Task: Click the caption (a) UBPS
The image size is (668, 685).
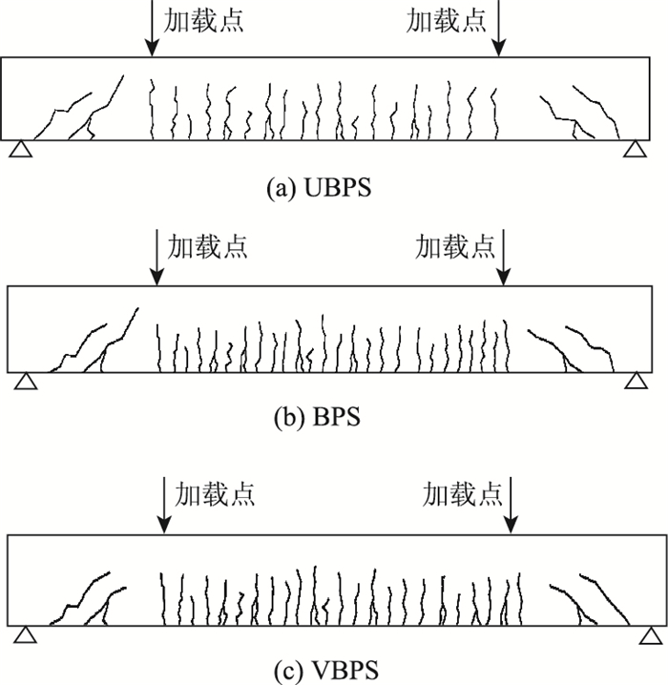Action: coord(318,188)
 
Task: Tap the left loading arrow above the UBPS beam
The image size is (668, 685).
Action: coord(149,27)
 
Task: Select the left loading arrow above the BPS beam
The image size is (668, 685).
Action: coord(157,258)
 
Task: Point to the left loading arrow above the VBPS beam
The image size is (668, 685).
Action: coord(164,506)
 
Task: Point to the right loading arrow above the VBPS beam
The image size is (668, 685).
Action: coord(513,506)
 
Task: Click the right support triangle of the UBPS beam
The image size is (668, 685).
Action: coord(635,149)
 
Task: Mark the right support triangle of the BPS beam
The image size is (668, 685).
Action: coord(635,381)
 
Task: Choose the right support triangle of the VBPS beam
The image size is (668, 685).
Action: coord(653,634)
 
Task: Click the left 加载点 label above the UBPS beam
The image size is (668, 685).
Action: coord(203,21)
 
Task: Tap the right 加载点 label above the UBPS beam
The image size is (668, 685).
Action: coord(447,21)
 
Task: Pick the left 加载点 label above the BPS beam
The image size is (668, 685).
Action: coord(208,247)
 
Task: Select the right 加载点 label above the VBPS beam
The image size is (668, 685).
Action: coord(463,494)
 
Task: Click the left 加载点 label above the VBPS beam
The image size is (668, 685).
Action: coord(215,494)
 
